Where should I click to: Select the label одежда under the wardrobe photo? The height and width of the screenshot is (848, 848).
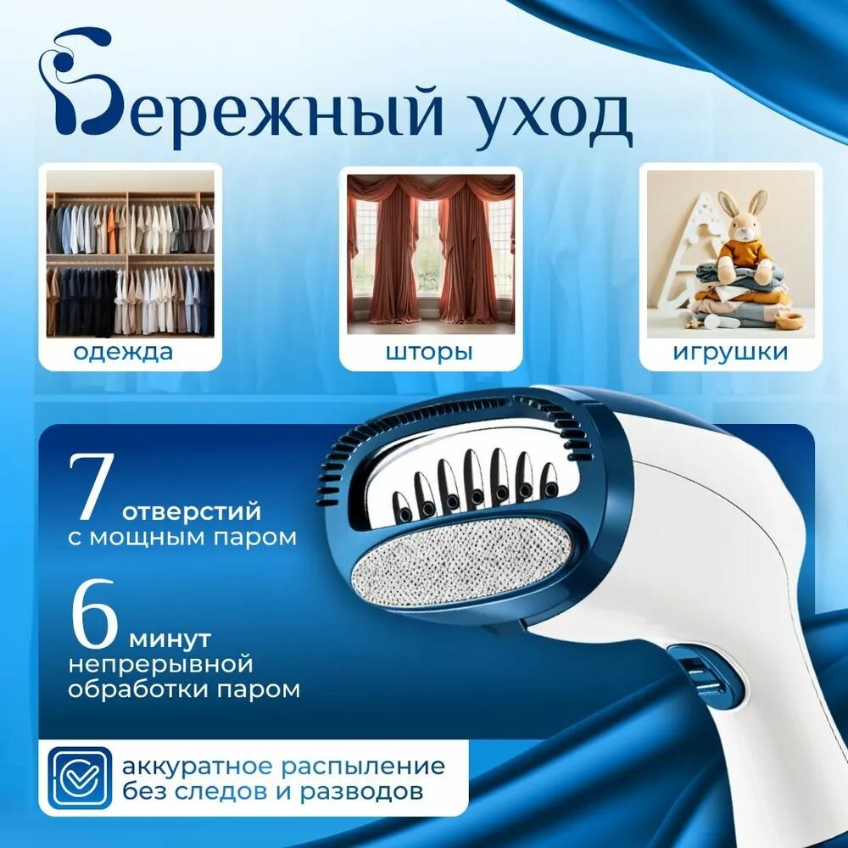(123, 353)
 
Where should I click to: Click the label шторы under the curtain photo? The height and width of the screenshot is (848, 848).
(429, 352)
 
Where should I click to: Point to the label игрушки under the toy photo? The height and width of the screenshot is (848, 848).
(730, 352)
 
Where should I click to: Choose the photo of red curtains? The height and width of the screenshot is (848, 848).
(431, 254)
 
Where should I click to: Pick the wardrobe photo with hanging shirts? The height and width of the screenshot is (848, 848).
(131, 254)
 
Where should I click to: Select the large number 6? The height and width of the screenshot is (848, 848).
(93, 614)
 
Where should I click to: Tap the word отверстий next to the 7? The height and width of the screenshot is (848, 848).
(192, 511)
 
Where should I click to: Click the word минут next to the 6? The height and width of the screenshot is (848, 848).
(170, 639)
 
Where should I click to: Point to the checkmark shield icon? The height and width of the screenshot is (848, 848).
(80, 778)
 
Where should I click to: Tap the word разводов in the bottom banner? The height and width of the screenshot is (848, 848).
(361, 792)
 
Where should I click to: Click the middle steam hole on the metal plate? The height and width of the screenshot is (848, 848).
(477, 495)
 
